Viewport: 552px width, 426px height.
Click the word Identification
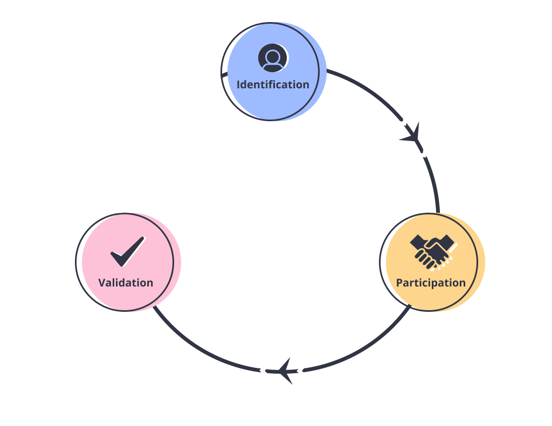click(273, 85)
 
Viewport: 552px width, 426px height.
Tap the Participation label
click(431, 283)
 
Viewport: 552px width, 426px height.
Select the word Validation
click(126, 283)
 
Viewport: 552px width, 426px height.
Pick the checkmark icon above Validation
click(127, 252)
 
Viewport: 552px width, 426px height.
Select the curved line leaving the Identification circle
click(367, 92)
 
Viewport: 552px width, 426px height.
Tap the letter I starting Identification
click(238, 85)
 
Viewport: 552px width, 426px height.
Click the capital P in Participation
click(399, 283)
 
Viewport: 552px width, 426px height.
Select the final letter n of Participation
click(462, 283)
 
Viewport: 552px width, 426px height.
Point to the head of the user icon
click(273, 55)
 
